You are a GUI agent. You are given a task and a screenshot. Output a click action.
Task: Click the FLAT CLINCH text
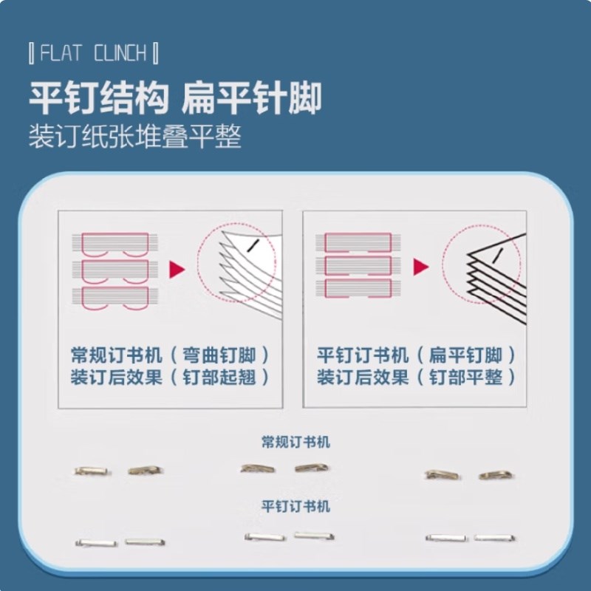click(x=93, y=52)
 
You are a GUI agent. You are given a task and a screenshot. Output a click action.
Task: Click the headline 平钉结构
click(x=99, y=98)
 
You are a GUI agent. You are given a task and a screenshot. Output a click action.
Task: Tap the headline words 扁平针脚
click(x=252, y=98)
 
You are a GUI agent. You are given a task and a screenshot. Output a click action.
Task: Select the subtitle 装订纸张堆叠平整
click(x=135, y=136)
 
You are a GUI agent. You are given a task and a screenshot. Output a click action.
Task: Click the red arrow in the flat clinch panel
click(x=421, y=267)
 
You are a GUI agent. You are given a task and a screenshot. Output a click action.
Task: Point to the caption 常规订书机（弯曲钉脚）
click(x=171, y=355)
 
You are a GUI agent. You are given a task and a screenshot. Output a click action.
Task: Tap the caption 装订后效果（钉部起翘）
click(x=171, y=378)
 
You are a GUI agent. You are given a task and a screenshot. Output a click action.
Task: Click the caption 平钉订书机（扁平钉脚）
click(x=416, y=355)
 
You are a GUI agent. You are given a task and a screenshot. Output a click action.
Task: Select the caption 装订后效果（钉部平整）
click(x=416, y=378)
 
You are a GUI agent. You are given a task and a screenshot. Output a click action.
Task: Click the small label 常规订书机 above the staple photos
click(x=296, y=442)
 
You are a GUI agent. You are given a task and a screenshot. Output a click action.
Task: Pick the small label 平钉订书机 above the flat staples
click(x=296, y=506)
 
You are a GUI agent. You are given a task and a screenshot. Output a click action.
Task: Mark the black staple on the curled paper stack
click(x=252, y=245)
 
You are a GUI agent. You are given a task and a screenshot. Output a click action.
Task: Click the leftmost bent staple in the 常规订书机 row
click(x=93, y=471)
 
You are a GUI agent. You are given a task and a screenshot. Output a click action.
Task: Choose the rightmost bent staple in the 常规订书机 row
click(x=497, y=475)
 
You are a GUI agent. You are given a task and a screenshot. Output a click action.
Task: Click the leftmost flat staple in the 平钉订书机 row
click(x=97, y=543)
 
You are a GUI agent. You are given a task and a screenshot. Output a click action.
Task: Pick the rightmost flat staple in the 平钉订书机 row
click(x=495, y=538)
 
